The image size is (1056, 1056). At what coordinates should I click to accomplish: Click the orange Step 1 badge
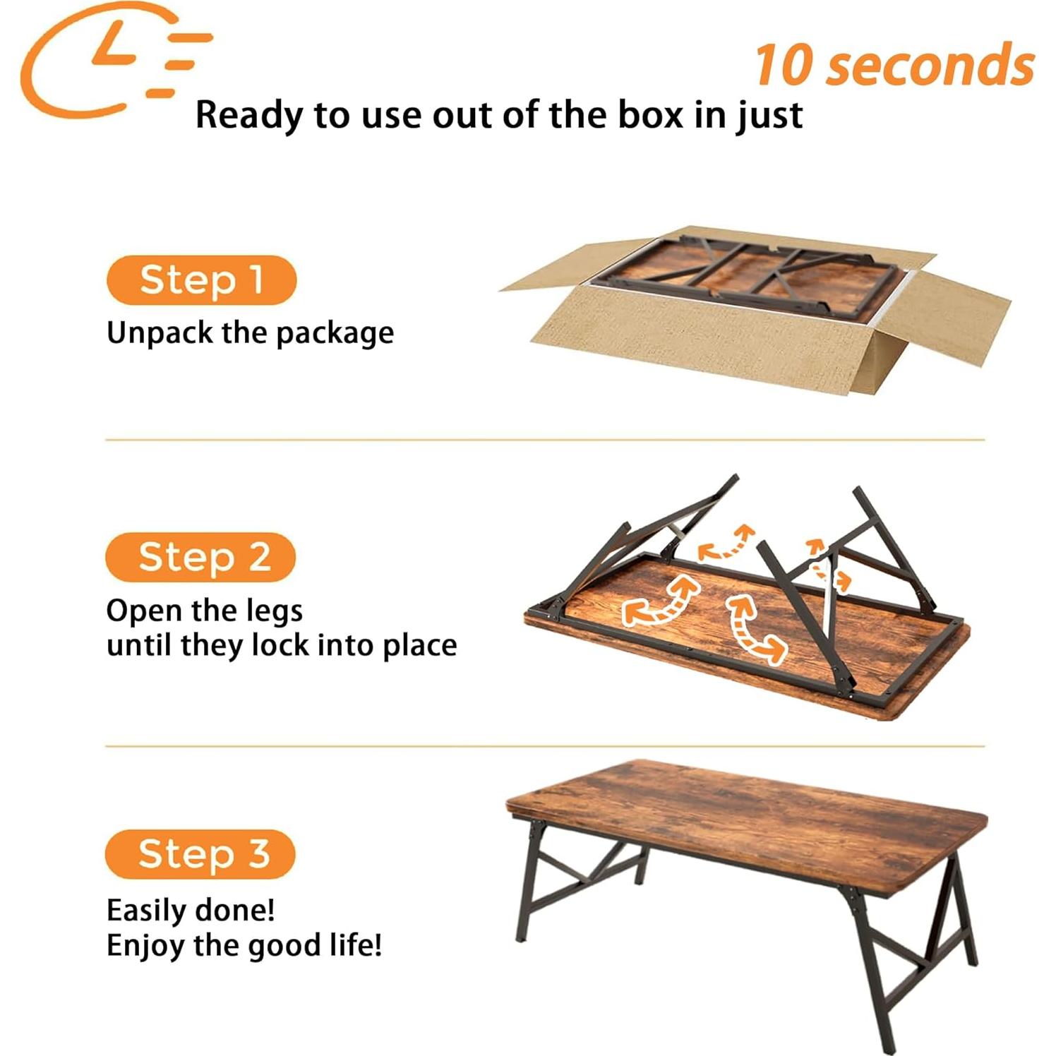pos(201,280)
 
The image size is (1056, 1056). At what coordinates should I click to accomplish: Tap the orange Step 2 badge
pos(200,557)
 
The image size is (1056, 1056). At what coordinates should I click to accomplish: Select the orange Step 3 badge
pos(200,854)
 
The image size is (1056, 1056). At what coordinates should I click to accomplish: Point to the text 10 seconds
pos(894,66)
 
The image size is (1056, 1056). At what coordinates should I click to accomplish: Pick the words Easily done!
pos(191,910)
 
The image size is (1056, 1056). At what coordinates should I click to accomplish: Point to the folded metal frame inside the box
pos(741,272)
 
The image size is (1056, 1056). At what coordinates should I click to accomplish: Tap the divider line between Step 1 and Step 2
pos(544,440)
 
